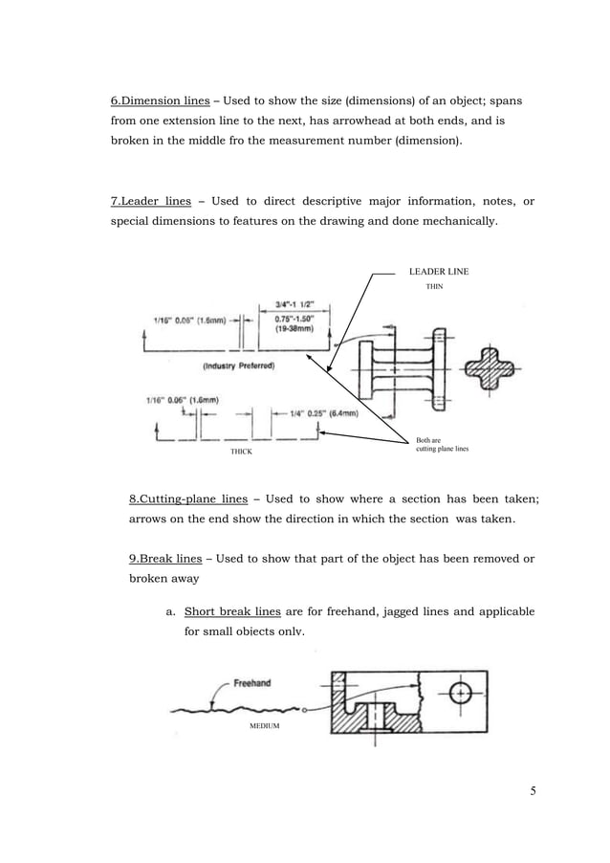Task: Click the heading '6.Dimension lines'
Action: point(160,100)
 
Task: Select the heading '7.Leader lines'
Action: point(152,201)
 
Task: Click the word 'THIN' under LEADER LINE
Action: point(434,286)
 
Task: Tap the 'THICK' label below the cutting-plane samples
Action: point(241,451)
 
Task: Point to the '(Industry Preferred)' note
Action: point(239,365)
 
